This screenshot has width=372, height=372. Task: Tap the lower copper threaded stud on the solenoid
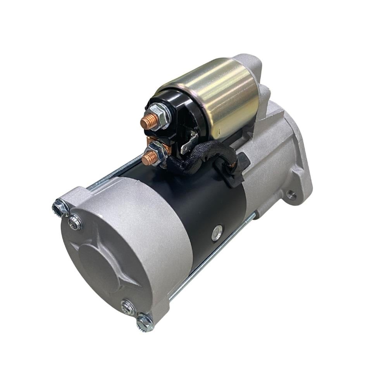[x=148, y=157]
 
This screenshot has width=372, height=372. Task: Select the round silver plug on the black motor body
[x=217, y=232]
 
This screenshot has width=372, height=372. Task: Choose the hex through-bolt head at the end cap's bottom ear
[x=145, y=322]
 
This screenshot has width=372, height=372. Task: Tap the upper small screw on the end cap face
[x=75, y=222]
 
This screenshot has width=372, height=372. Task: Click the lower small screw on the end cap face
[x=127, y=307]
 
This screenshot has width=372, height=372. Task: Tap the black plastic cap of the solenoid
[x=170, y=116]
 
